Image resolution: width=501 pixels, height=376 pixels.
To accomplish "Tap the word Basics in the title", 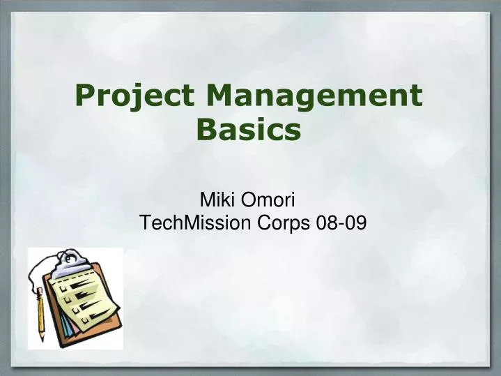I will point(249,130).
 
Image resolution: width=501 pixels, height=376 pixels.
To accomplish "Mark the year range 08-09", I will point(341,223).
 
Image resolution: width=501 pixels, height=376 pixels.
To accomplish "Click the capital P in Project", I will point(86,96).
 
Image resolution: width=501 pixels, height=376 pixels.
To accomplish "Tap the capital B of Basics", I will point(208,130).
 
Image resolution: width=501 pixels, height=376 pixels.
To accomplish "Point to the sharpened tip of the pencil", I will point(42,340).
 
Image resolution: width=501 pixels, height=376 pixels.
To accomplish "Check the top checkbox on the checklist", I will point(63,287).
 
